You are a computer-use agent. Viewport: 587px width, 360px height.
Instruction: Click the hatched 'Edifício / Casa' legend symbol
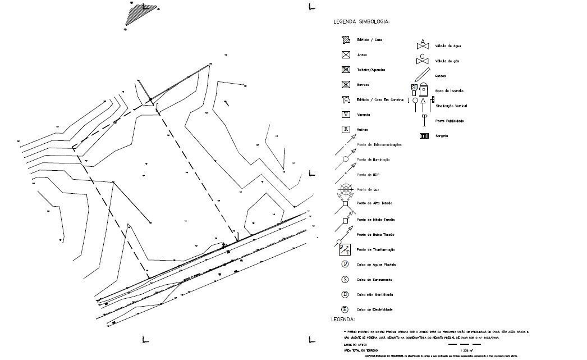point(346,40)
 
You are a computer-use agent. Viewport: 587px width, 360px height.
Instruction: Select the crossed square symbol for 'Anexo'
point(346,55)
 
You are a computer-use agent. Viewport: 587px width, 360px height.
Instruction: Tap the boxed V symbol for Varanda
point(346,115)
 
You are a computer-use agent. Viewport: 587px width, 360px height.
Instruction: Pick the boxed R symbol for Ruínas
point(346,130)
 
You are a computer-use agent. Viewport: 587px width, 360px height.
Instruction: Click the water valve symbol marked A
point(423,44)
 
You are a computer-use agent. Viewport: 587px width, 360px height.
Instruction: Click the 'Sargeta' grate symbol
point(424,135)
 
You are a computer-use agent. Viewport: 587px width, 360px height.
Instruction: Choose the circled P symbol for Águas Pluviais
point(345,264)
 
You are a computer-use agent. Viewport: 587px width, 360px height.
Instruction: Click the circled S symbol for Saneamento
point(345,279)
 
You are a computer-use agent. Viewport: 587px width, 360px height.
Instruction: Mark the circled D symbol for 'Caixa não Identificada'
point(345,294)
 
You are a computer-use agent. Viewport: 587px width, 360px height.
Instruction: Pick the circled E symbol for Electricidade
point(345,309)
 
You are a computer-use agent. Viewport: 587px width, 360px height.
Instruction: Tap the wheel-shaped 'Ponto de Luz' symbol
point(345,189)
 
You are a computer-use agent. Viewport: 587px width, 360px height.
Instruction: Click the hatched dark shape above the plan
point(135,13)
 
